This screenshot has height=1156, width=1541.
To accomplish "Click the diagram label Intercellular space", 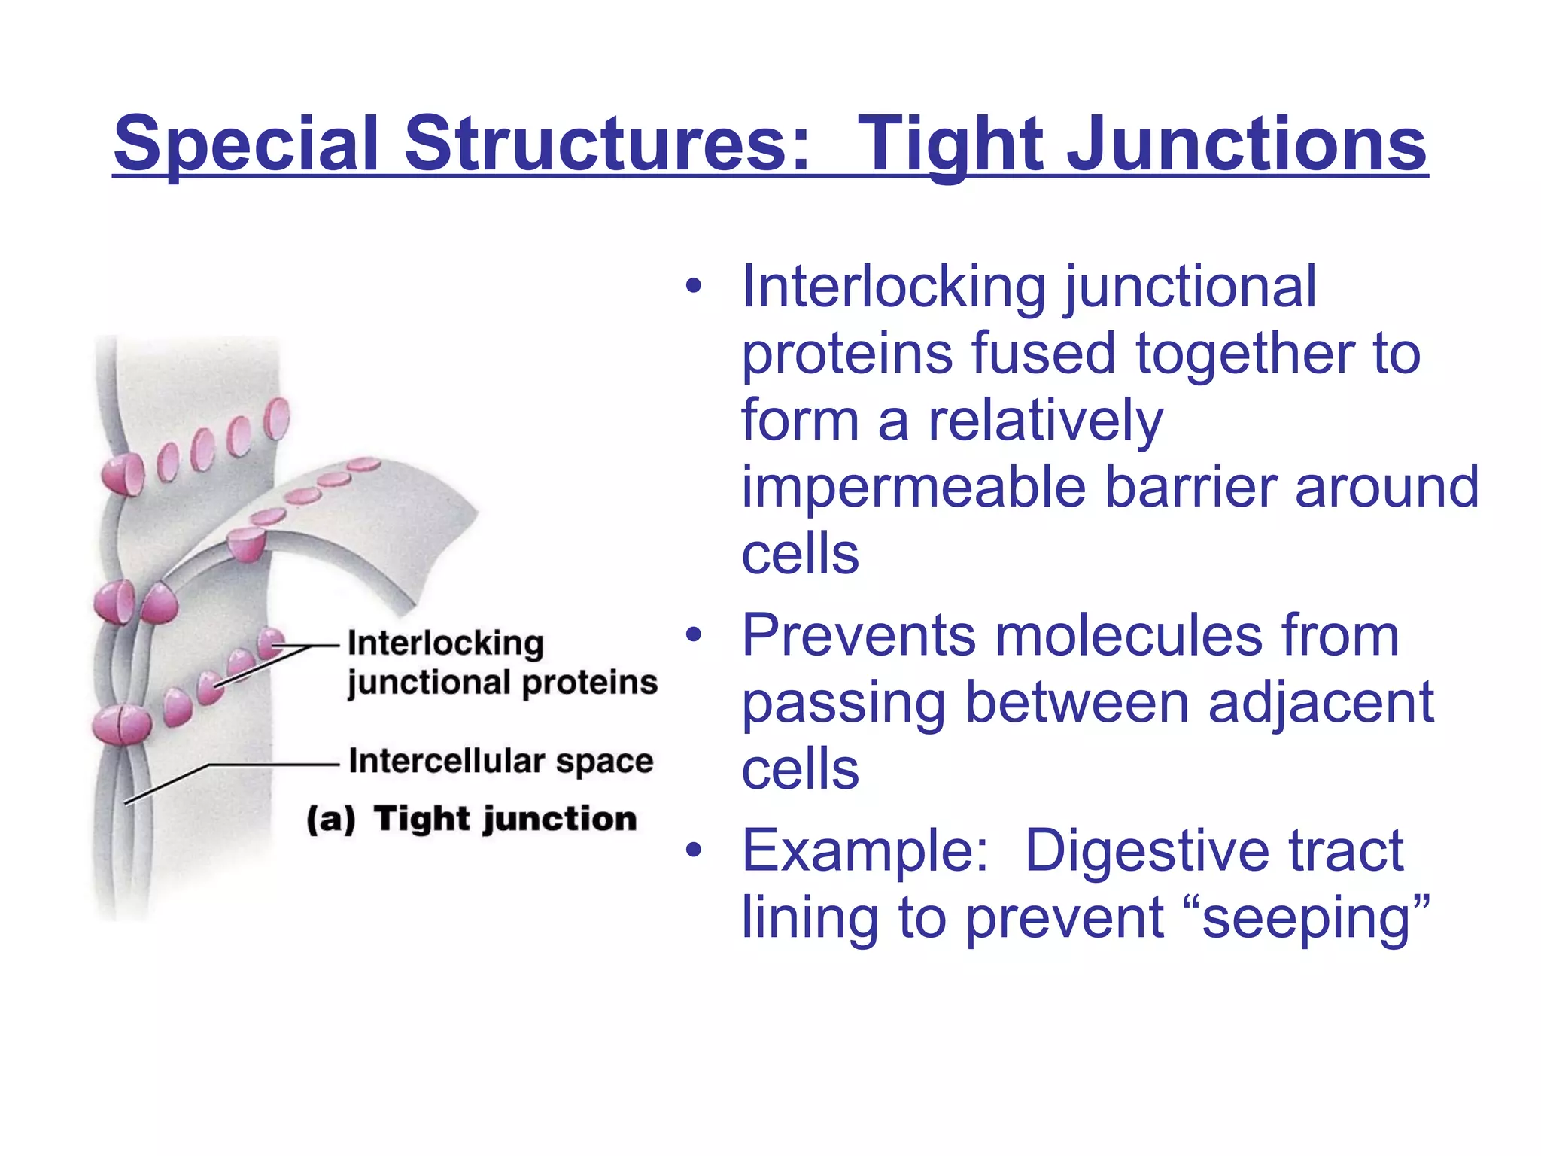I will [x=501, y=761].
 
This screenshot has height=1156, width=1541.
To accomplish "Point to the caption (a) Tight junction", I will [x=472, y=818].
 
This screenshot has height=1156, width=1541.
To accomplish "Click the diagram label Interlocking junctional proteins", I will [x=502, y=663].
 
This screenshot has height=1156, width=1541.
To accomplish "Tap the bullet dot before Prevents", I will [x=693, y=635].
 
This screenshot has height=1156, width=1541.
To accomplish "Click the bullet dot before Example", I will [x=693, y=851].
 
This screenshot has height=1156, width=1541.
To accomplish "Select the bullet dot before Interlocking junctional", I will [x=693, y=287].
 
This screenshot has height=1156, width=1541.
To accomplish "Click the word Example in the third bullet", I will [x=864, y=851].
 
